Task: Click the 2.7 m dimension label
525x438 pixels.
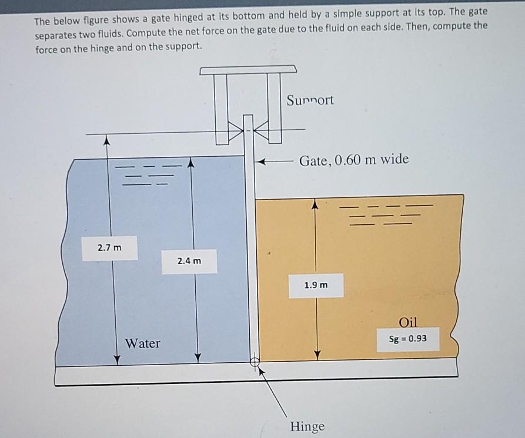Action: pyautogui.click(x=110, y=248)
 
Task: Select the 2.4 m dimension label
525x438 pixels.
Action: pyautogui.click(x=189, y=260)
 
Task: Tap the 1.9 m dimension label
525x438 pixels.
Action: pyautogui.click(x=316, y=285)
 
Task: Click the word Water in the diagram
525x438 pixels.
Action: pyautogui.click(x=142, y=343)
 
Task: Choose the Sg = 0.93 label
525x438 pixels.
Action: pyautogui.click(x=408, y=339)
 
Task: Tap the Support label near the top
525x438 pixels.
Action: pyautogui.click(x=310, y=100)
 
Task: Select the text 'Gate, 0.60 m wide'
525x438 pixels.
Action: pyautogui.click(x=353, y=160)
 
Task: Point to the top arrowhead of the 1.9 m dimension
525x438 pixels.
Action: pyautogui.click(x=316, y=204)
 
